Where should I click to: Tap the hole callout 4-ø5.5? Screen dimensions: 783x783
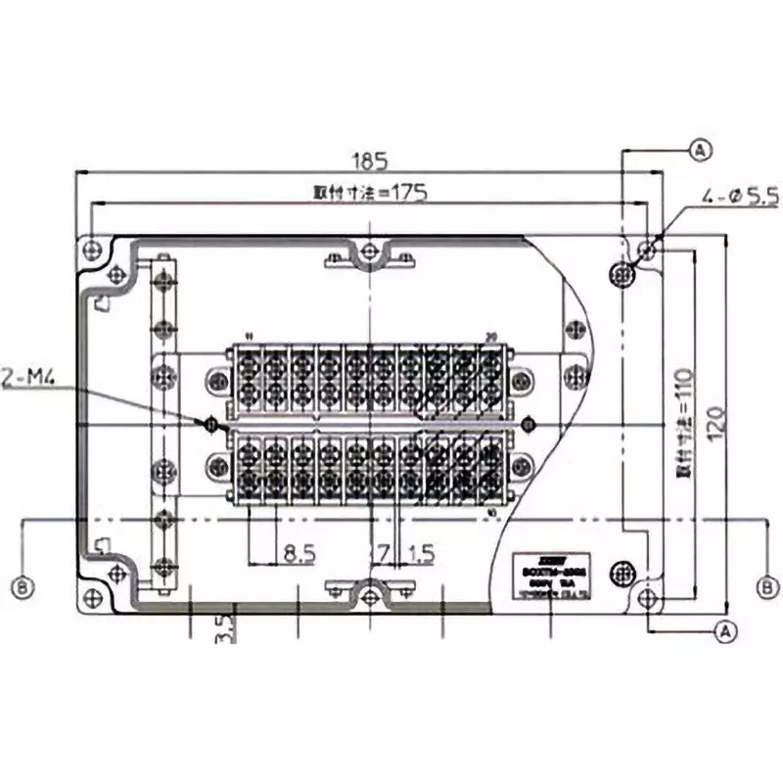coord(739,199)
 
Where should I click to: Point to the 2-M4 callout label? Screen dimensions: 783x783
coord(23,376)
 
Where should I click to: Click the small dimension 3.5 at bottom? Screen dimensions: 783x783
coord(223,626)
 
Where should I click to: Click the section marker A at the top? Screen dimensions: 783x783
coord(699,150)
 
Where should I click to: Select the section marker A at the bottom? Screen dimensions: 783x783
coord(725,632)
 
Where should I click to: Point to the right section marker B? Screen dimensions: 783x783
coord(770,587)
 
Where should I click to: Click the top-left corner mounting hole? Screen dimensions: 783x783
coord(91,246)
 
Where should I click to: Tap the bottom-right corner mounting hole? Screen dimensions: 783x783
coord(646,598)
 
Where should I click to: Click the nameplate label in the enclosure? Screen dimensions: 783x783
coord(551,576)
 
